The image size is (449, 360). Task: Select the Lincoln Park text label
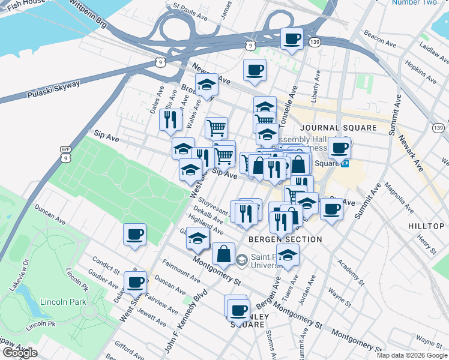point(63,302)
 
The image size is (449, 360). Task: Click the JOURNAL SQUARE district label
point(339,128)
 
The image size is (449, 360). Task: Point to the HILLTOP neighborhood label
point(426,226)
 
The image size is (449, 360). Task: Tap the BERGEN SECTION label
point(285,239)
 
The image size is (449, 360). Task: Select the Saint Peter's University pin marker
point(241,260)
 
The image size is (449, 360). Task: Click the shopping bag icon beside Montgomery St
point(223,254)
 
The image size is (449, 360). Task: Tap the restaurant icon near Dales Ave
point(171,119)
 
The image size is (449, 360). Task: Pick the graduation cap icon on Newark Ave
point(206,86)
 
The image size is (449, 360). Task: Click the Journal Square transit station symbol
point(346,163)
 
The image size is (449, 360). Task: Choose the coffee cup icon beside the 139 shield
point(292,40)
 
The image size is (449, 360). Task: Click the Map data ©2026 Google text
point(412,355)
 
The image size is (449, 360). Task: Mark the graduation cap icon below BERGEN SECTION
point(288,255)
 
